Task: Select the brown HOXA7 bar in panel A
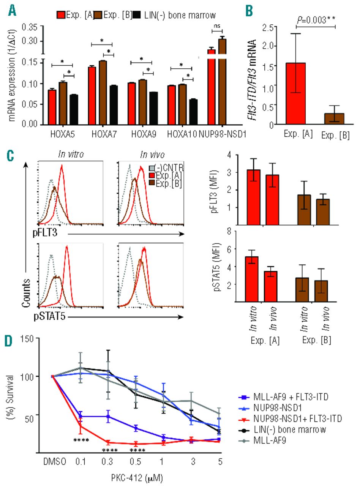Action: click(x=103, y=92)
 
